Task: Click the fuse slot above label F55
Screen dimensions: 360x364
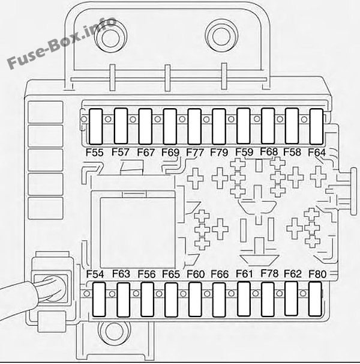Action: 95,127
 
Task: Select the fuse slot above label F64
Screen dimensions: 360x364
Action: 316,127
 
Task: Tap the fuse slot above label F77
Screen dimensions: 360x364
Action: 194,127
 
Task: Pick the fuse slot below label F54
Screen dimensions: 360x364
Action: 99,300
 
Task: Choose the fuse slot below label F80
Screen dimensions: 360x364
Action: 316,299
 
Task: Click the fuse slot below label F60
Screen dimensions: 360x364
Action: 195,300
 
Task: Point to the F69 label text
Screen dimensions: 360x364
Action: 170,153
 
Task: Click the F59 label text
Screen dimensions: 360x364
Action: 244,152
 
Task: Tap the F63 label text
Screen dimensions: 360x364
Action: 121,274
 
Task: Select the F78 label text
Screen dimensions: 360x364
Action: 269,273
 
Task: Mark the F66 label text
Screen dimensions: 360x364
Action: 220,274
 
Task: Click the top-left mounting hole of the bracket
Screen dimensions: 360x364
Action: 111,37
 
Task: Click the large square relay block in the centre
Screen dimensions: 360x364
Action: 137,232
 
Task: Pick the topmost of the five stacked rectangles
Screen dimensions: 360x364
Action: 46,112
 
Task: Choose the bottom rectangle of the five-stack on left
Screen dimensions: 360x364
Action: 46,208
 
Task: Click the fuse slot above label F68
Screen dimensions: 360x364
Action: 268,126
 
